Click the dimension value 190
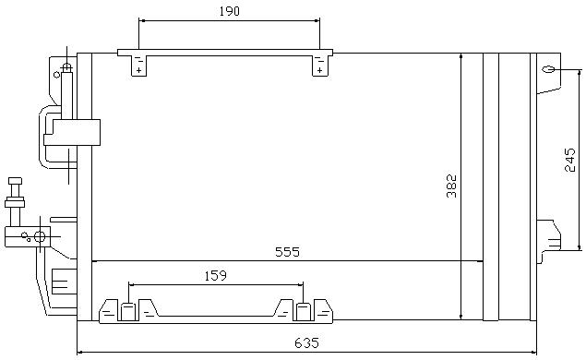[229, 11]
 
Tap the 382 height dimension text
[451, 186]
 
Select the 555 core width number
[287, 252]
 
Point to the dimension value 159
[216, 275]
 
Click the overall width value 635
[306, 342]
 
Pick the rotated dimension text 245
[569, 160]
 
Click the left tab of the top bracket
[138, 66]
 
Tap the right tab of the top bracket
[320, 66]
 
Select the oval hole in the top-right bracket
[549, 69]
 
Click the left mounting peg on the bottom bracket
[128, 312]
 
